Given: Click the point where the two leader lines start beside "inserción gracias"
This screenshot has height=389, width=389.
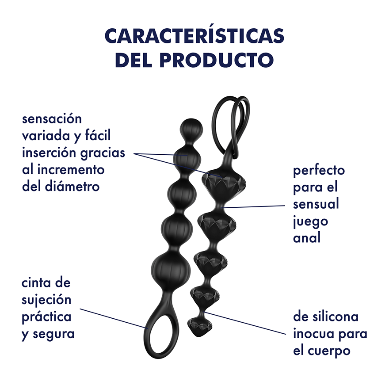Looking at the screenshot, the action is pos(134,153).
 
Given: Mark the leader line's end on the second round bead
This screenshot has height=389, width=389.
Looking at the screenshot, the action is pos(187,155).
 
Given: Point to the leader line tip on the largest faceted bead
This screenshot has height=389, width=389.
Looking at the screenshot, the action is pos(221,177).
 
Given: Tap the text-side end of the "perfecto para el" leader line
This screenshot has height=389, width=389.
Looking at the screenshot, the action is pos(285,206).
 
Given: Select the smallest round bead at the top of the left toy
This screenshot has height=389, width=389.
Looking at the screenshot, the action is pos(191,130).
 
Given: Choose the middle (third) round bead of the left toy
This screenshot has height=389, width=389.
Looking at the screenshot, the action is pos(182,194).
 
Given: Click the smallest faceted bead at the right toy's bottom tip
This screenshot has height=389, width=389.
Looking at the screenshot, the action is pos(199,326).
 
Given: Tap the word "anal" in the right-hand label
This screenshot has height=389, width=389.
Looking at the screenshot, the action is pos(307,238).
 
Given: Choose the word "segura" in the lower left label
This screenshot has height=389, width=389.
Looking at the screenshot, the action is pos(54,334).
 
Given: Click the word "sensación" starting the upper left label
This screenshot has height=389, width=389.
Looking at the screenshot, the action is pos(52,118).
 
